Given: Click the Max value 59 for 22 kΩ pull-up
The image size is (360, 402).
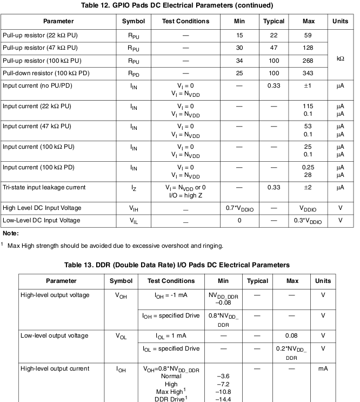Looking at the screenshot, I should coord(308,35).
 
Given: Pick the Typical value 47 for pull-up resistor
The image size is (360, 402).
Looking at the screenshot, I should coord(274,48).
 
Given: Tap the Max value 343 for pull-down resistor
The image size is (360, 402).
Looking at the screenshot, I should coord(308,73).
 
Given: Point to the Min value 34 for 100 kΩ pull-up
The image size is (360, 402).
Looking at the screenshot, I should coord(239,60).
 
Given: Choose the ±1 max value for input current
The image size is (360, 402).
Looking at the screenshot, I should coord(308,85).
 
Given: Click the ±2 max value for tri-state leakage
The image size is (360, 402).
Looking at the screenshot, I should coord(308,187).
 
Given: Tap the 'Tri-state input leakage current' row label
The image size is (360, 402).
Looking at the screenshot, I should coord(44,187).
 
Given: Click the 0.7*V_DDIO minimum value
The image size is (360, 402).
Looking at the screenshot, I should coord(239,208).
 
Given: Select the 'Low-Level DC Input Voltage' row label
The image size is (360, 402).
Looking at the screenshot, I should coord(42,220).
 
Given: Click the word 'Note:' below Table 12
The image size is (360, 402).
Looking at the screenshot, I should coord(10,233).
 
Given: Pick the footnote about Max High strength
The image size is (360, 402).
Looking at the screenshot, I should coord(115,246).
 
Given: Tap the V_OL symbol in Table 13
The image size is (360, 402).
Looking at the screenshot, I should coord(121,336).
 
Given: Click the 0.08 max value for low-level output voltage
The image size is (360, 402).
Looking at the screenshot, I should coord(292,335).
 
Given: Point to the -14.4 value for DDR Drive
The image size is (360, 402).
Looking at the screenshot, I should coord(224,399).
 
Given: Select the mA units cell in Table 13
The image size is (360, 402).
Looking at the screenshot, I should coord(323,368).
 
